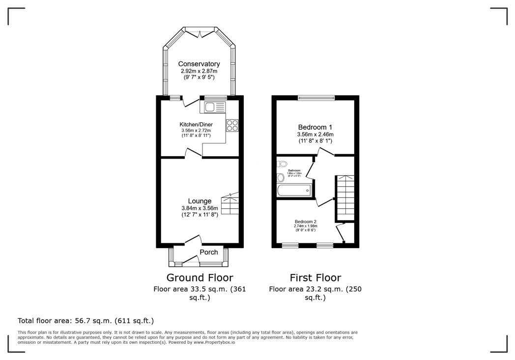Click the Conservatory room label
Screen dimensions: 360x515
(199, 64)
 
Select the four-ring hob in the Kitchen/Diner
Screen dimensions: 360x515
(232, 126)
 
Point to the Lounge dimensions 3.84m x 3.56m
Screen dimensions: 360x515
(200, 208)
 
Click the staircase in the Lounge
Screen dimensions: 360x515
(230, 203)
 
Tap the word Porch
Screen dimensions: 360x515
(209, 252)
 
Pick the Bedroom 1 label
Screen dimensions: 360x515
(315, 126)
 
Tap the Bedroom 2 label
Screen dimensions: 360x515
(305, 222)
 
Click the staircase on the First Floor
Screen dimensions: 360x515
(344, 198)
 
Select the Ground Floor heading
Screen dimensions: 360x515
(200, 278)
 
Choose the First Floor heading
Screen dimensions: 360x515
(315, 278)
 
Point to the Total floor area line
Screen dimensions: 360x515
(86, 321)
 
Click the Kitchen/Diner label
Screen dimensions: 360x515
(196, 124)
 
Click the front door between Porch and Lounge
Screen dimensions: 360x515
(193, 241)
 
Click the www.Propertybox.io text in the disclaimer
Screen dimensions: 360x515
(214, 342)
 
